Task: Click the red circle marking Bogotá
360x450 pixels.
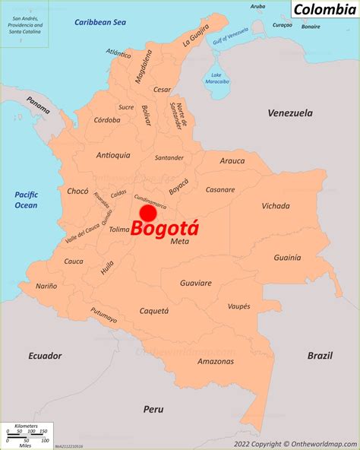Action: [148, 214]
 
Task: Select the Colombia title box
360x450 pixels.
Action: [324, 10]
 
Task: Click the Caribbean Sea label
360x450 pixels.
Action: [99, 23]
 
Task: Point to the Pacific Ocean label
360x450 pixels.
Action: [26, 200]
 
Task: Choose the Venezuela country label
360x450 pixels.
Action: [289, 113]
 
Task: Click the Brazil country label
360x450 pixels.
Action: [320, 356]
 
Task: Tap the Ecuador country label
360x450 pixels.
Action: [45, 356]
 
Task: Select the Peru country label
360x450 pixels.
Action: [153, 409]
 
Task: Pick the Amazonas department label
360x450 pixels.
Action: [215, 361]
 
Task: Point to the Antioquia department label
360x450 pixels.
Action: [113, 155]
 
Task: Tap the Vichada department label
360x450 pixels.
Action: [275, 206]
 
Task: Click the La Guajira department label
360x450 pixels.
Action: [195, 36]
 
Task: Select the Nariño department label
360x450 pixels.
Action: [46, 286]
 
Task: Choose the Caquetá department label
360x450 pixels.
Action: [153, 311]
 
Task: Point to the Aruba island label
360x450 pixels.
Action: [258, 6]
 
